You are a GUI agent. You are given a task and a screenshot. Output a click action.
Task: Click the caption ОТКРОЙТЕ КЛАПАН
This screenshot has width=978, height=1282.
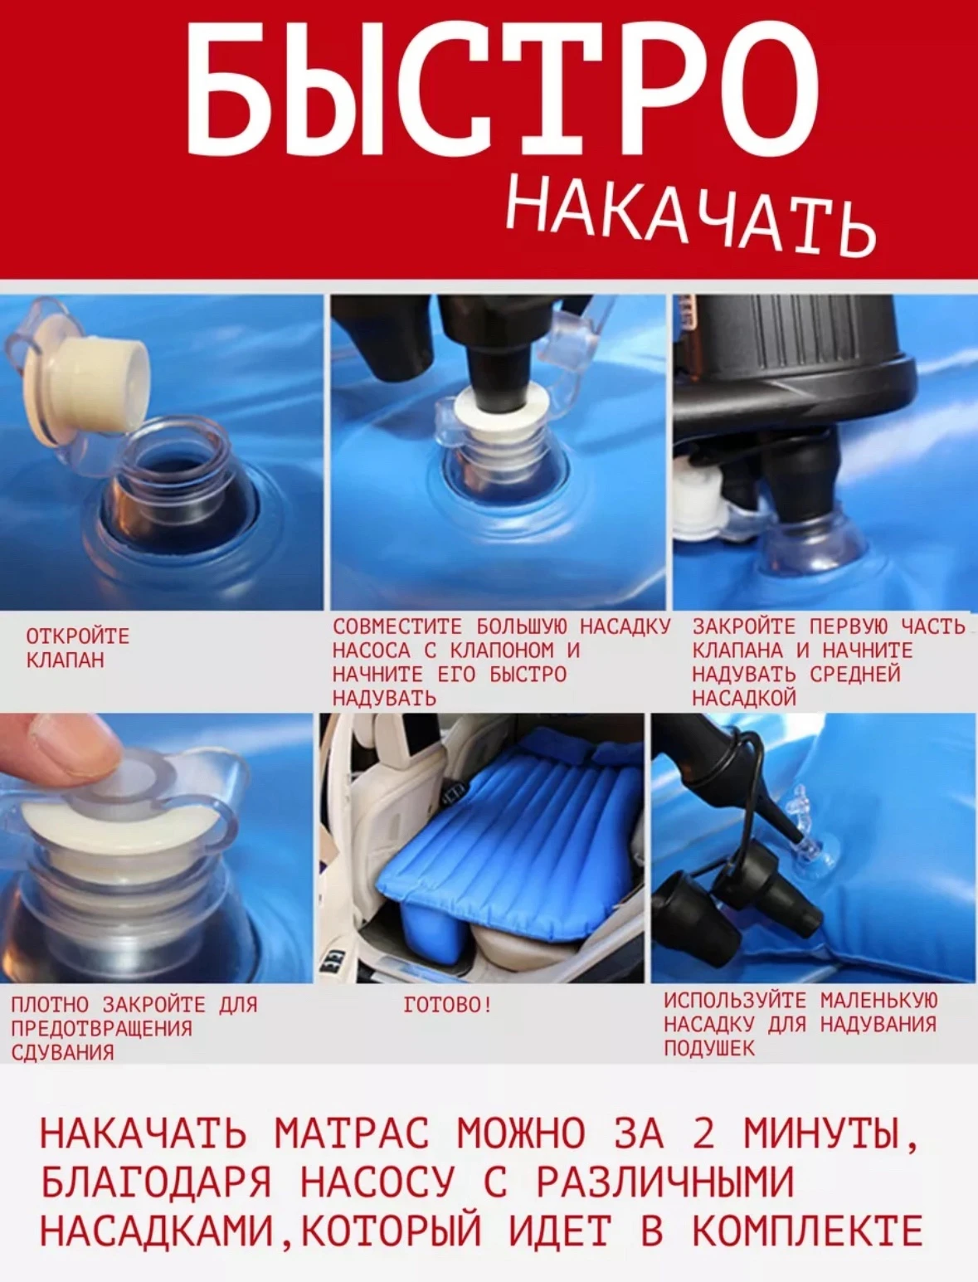coord(78,648)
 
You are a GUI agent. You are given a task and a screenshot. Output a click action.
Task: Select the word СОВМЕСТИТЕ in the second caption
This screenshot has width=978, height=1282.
coord(397,626)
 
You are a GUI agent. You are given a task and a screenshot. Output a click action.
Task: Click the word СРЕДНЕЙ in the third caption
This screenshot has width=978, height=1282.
coord(854,674)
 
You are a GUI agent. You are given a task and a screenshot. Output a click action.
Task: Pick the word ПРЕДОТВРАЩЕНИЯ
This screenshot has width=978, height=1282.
coord(101,1028)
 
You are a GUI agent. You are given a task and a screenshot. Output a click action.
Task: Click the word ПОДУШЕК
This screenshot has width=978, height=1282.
coord(710,1048)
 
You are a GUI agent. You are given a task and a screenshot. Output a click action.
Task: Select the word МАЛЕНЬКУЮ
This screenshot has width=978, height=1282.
coord(878,1000)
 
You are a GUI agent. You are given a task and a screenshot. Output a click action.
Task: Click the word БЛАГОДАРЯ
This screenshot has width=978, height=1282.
coord(157,1181)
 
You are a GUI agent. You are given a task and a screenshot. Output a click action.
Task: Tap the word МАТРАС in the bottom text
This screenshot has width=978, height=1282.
coord(351,1133)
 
